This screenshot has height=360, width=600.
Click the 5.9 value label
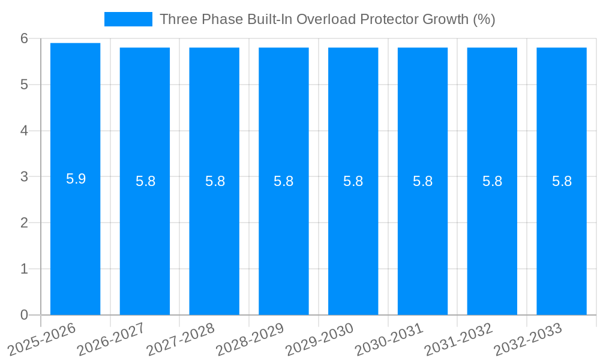[76, 179]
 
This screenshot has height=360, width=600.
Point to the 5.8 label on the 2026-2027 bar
[146, 181]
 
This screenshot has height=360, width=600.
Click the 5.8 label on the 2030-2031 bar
[423, 181]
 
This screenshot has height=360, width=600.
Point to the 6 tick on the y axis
[24, 38]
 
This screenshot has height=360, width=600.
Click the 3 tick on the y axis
[24, 177]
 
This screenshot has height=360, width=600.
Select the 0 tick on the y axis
[24, 315]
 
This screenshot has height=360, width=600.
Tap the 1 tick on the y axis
[24, 269]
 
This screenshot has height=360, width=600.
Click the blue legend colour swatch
[128, 19]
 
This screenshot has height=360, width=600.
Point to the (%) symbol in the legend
[484, 19]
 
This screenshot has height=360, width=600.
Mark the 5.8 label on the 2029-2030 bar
[353, 181]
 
